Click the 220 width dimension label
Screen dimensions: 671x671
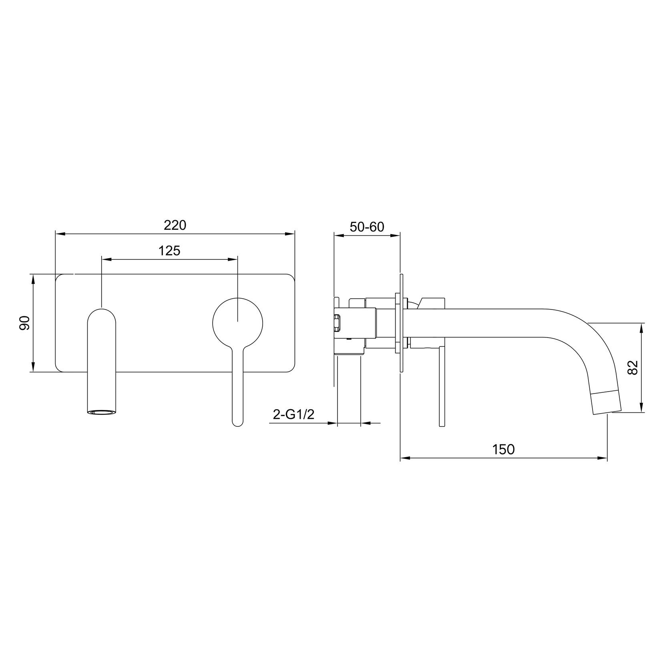tap(175, 225)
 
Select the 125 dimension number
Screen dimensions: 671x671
tap(169, 251)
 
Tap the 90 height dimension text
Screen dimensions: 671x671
tap(25, 323)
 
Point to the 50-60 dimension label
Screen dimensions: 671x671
tap(367, 227)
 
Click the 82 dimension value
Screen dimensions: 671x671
tap(633, 368)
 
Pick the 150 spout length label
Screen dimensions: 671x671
tap(503, 449)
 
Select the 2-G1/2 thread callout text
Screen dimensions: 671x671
tap(293, 414)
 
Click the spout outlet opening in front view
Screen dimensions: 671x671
tap(101, 412)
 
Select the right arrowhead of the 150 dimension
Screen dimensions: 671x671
tap(603, 458)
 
